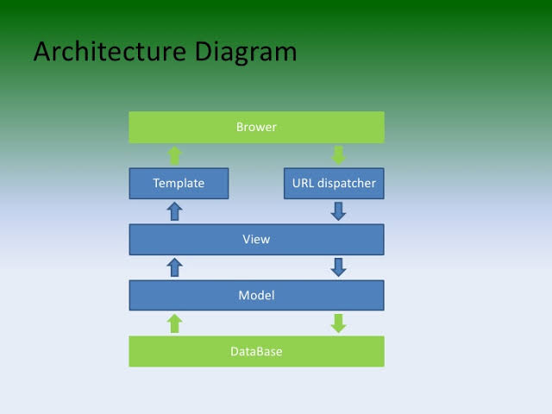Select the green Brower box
click(256, 127)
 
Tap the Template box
click(179, 183)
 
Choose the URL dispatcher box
click(334, 183)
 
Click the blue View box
click(256, 239)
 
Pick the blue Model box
click(256, 295)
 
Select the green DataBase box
click(256, 351)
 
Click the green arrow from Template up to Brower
click(174, 155)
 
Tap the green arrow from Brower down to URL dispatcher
click(338, 155)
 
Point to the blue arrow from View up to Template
click(174, 211)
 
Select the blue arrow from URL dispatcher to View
click(338, 211)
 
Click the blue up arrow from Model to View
click(174, 267)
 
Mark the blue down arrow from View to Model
click(338, 267)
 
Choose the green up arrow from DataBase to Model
click(174, 323)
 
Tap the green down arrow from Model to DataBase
click(338, 323)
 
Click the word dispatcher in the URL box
click(347, 183)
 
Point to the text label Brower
click(256, 127)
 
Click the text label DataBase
click(256, 352)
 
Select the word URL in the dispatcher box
click(304, 183)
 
